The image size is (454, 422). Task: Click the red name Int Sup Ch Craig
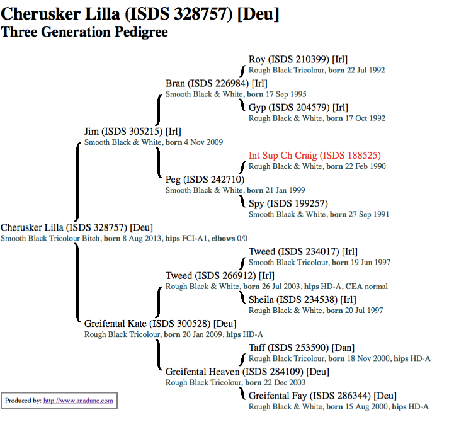coord(314,156)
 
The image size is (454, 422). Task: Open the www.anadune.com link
coord(78,401)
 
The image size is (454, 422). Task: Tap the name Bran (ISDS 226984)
coord(216,83)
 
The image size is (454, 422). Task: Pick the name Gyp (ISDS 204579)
coord(298,108)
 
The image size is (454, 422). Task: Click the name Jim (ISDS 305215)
coord(132,132)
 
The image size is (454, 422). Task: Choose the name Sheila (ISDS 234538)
coord(302,299)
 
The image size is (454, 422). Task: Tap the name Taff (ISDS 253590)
coord(302,348)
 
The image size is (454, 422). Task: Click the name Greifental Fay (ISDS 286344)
coord(322,396)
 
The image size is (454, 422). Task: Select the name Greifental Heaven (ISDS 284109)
coord(247,372)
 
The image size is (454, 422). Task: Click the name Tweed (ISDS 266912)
coord(220,275)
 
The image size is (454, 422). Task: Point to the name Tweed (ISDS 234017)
coord(303,252)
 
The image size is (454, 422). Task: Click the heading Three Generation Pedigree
coord(84,31)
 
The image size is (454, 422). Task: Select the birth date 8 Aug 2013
coord(140,238)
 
